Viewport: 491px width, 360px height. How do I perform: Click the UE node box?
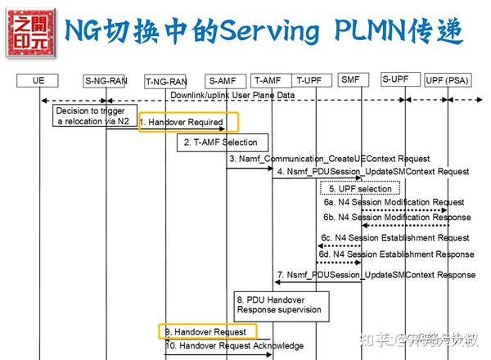(x=38, y=81)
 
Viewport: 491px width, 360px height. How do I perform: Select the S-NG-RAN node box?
(x=106, y=81)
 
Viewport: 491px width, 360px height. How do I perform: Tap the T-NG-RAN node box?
(x=166, y=82)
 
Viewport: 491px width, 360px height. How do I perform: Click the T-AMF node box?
(x=268, y=80)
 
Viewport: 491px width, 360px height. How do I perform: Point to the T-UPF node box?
(x=309, y=80)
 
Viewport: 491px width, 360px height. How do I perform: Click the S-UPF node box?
(x=395, y=79)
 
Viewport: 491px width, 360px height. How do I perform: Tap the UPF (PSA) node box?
(x=448, y=80)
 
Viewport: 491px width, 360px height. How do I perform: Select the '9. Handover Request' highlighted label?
(x=205, y=332)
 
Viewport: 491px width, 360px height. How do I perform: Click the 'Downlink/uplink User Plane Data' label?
(x=232, y=96)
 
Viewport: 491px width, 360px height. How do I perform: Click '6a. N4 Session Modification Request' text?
(x=394, y=202)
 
